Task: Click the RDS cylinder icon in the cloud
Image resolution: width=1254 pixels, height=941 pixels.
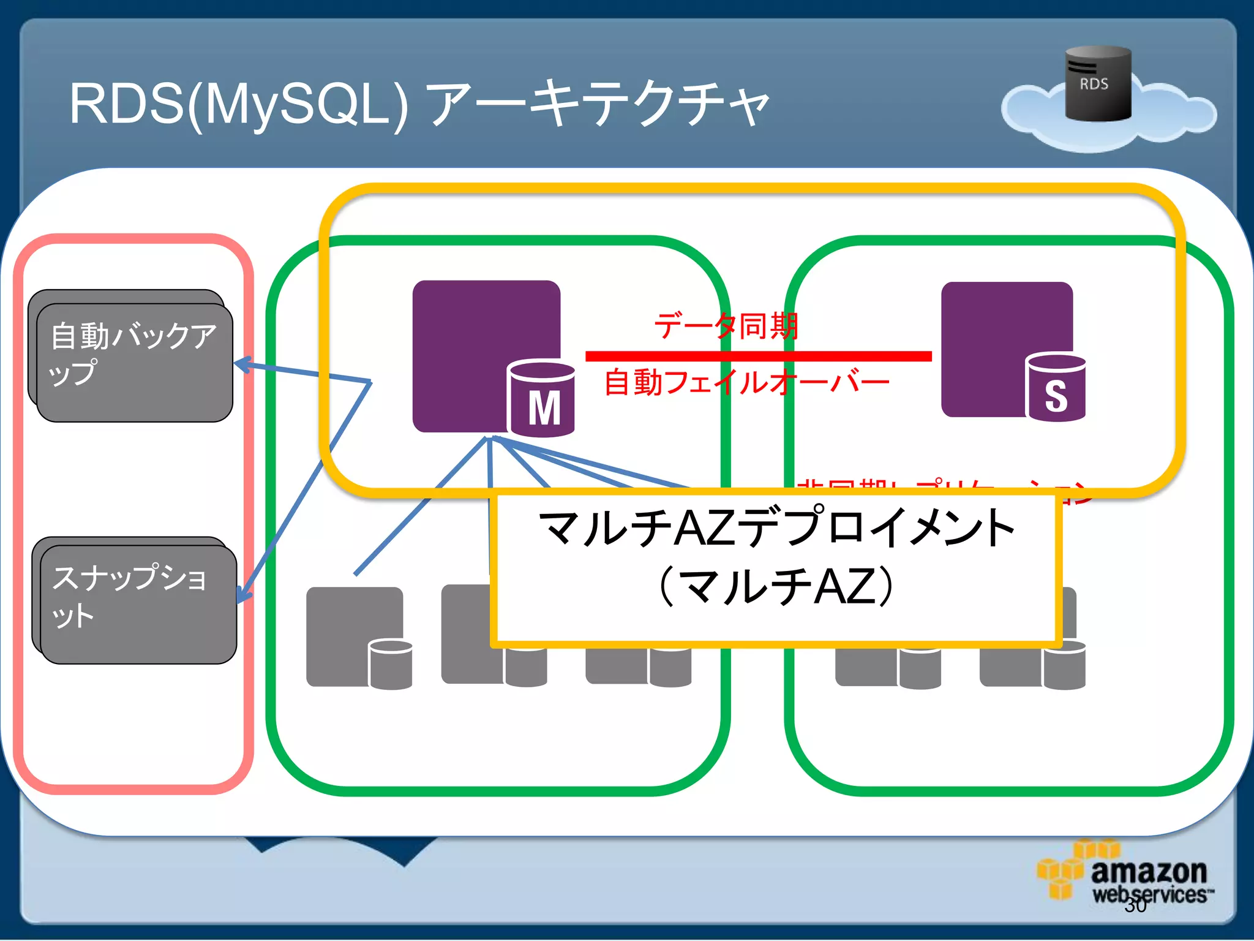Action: click(1098, 84)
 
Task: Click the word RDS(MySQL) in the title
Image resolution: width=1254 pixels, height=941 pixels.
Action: click(239, 104)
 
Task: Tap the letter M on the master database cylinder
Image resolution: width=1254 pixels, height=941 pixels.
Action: click(544, 408)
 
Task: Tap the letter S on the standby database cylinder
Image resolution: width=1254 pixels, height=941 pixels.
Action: click(1056, 396)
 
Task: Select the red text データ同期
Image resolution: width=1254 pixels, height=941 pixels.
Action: click(726, 326)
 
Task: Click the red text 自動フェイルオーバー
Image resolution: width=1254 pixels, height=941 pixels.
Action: click(747, 383)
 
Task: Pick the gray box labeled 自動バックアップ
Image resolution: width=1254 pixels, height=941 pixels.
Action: click(134, 361)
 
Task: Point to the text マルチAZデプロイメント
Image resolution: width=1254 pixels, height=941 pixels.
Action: click(776, 527)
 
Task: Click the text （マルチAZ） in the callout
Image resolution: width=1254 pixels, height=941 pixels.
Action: click(776, 586)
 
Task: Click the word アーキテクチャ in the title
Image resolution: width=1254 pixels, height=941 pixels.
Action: click(597, 104)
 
